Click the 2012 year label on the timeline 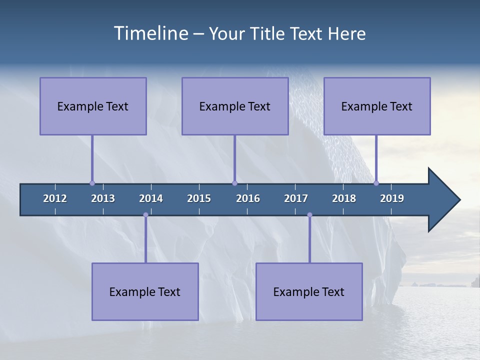(55, 198)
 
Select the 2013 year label (103, 198)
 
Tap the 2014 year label (151, 198)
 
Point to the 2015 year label (199, 198)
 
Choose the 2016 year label (248, 198)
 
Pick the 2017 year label (296, 198)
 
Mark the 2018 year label (344, 198)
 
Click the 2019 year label (392, 198)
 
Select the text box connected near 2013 (93, 106)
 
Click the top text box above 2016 (235, 106)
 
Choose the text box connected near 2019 (377, 106)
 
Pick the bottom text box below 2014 (145, 291)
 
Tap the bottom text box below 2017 (309, 291)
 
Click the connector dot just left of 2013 (92, 183)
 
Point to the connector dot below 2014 (145, 215)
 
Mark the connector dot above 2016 (234, 183)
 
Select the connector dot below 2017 (309, 215)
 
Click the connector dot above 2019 (376, 183)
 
